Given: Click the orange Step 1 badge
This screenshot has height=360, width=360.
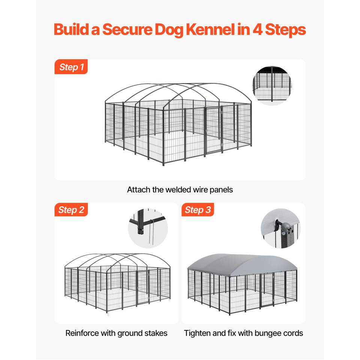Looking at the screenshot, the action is coord(71,67).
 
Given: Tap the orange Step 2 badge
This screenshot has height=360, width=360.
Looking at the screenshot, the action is coord(71,210).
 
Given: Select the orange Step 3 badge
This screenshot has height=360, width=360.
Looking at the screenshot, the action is coord(198,210).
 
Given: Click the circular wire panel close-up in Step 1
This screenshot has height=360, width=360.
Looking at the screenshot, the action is coord(271,85).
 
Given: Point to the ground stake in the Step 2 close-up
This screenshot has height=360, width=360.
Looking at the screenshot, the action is coord(151,231).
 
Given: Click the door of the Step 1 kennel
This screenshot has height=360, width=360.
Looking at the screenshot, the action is coord(213,130).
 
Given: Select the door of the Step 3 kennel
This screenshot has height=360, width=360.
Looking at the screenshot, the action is coord(267,290).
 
